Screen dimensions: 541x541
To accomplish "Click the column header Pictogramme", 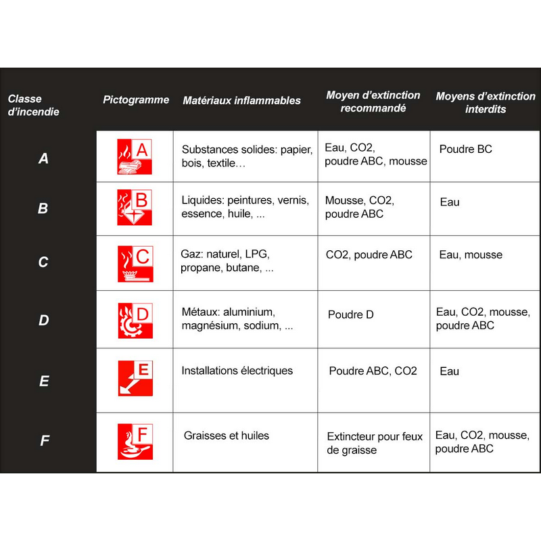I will pos(136,100).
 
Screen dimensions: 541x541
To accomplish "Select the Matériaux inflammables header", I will pos(241,101).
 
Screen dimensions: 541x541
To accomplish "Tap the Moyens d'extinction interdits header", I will pos(485,103).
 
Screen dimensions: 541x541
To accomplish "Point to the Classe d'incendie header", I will pos(33,105).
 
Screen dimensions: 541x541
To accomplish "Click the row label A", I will pos(43,159).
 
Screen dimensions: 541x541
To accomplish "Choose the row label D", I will pos(43,320).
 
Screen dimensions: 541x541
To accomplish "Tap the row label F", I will pos(45,441).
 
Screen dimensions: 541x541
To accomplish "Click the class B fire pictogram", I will pos(135,208).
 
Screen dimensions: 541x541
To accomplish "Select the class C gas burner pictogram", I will pos(135,264).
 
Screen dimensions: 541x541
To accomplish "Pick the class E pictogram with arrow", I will pos(135,378).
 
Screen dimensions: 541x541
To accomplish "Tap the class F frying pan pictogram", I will pos(135,441).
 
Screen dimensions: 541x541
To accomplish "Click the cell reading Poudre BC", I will pos(465,149).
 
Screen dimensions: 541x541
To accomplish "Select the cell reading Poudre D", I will pos(350,314).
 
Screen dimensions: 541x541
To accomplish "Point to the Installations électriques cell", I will pos(237,371).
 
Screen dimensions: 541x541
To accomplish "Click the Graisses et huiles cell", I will pos(226,436).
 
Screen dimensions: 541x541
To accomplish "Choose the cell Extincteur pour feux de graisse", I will pos(374,443).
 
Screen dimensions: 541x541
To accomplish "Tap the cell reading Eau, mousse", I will pos(470,255).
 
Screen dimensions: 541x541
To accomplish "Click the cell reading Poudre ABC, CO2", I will pos(373,371).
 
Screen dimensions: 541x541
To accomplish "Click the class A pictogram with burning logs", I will pos(135,158).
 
